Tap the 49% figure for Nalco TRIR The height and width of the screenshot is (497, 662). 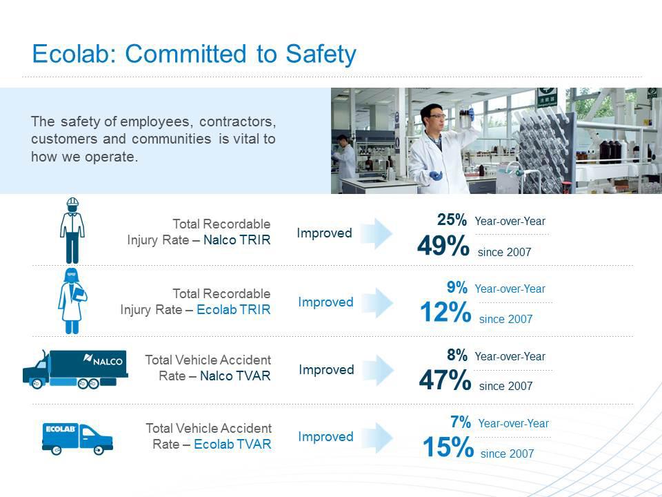(x=443, y=246)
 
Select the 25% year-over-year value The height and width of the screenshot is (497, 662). (x=452, y=220)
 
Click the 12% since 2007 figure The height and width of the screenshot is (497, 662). (x=445, y=312)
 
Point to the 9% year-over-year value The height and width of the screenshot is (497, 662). (x=457, y=287)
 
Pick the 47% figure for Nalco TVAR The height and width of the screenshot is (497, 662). (x=445, y=380)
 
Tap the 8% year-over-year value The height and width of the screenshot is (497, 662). (x=457, y=355)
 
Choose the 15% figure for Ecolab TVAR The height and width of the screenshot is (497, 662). (x=448, y=447)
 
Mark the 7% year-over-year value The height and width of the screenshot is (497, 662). (x=461, y=422)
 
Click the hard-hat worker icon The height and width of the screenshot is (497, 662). (x=72, y=231)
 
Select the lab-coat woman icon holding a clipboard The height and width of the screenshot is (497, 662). (x=72, y=301)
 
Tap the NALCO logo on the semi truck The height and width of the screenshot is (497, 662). (x=103, y=360)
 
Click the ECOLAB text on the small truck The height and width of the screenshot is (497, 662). (x=61, y=429)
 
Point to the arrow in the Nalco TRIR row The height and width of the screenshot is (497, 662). (x=377, y=233)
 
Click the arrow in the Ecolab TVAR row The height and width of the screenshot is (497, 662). (x=377, y=438)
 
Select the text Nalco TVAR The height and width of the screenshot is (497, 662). (x=235, y=376)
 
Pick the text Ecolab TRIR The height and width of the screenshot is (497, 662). (x=234, y=309)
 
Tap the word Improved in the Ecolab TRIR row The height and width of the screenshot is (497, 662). (x=325, y=302)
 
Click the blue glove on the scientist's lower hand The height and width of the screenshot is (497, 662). (x=435, y=175)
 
